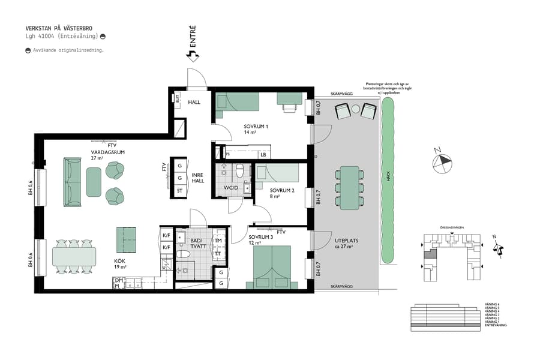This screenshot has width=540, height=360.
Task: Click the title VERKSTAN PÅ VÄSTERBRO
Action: (x=59, y=28)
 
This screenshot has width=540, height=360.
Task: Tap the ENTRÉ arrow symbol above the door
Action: (x=193, y=56)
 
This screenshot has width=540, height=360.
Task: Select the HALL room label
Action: (x=194, y=102)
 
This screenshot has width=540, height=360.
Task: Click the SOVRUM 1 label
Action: (x=256, y=127)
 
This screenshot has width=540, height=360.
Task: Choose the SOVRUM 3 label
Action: (x=260, y=237)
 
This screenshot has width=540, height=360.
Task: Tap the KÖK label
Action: (x=120, y=262)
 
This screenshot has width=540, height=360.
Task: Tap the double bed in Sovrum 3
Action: (x=272, y=266)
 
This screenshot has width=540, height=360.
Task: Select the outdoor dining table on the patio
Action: (x=349, y=188)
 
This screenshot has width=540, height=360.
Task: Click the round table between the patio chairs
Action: (x=355, y=109)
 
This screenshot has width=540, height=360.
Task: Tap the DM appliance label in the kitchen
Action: (x=118, y=280)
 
